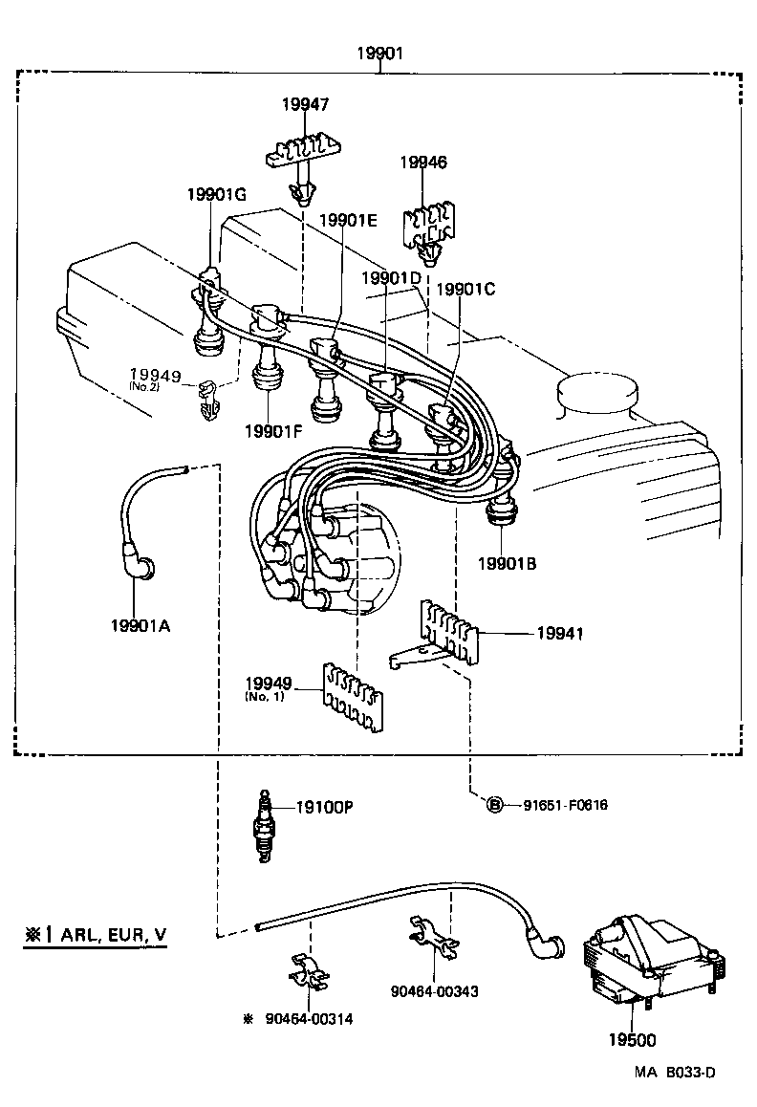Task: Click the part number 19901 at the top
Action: (x=379, y=54)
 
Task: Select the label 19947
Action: (x=304, y=105)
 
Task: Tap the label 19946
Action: (x=423, y=163)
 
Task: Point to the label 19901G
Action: (x=217, y=195)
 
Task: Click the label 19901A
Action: (x=141, y=626)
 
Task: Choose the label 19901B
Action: (x=508, y=564)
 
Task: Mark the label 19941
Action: (x=560, y=633)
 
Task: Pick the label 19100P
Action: (x=324, y=807)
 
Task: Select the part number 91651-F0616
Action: (x=565, y=805)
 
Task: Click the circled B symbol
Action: (x=495, y=805)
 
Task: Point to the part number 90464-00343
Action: (x=435, y=991)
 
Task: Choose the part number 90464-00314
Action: (x=309, y=1019)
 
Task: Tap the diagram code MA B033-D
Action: (x=674, y=1073)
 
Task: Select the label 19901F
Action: (x=271, y=430)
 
